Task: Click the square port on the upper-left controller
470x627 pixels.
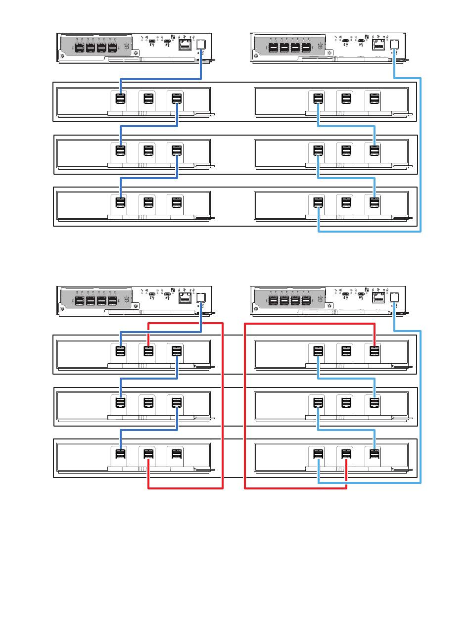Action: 201,44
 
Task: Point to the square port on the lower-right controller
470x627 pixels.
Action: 394,297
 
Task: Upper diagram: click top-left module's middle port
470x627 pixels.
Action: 148,98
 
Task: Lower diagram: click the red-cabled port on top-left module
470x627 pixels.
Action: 148,351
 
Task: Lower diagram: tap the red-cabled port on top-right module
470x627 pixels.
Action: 375,351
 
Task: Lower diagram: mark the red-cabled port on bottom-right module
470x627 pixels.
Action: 346,454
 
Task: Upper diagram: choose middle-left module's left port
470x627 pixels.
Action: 120,150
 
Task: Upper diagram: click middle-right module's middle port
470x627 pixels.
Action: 346,150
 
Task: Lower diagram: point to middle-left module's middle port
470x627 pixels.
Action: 148,402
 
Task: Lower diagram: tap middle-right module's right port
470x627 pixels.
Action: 375,402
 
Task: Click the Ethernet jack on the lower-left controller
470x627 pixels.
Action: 185,297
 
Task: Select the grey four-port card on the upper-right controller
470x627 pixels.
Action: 288,48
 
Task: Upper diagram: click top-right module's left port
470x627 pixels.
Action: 318,98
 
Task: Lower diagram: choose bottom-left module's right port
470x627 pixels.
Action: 177,454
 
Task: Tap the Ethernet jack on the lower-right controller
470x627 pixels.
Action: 377,297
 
